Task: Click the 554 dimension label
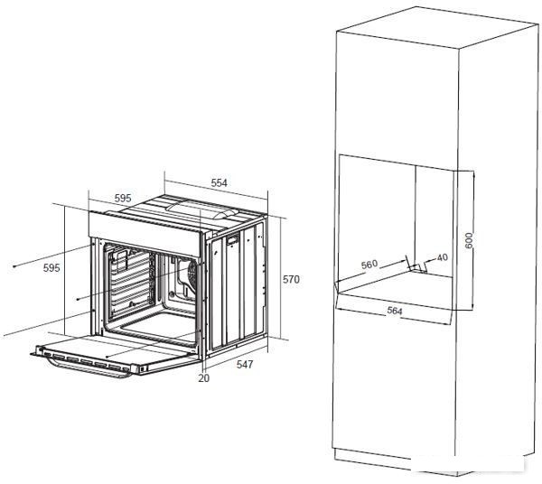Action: [x=220, y=182]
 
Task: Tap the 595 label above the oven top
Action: [x=123, y=199]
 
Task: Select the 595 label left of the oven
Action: [x=51, y=268]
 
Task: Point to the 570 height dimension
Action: [x=291, y=279]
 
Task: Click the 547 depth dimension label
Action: [x=245, y=364]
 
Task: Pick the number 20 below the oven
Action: [x=204, y=378]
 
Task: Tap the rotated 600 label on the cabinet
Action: [x=469, y=240]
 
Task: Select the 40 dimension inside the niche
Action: [x=442, y=257]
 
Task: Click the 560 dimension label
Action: [x=369, y=265]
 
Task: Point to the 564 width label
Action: [x=395, y=311]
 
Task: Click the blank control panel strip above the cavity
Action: [x=145, y=234]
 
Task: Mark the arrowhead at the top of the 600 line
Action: [x=473, y=173]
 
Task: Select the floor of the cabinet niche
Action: [x=397, y=288]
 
